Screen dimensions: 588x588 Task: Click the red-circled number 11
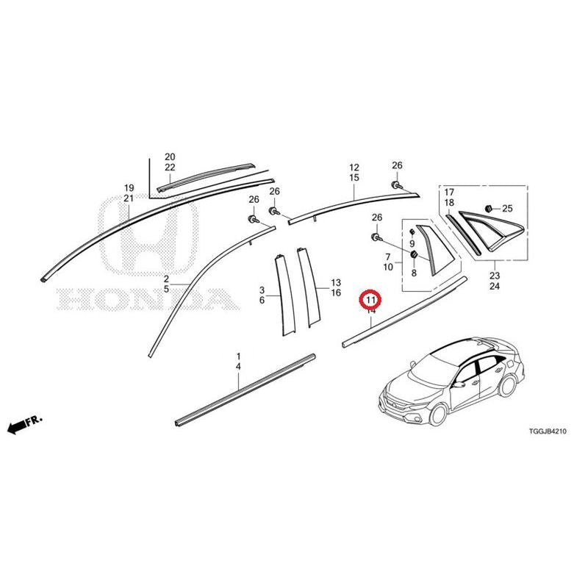[x=370, y=300]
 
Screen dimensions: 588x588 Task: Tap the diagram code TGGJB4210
[x=548, y=431]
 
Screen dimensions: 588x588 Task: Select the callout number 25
[x=507, y=209]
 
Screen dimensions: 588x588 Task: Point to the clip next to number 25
[x=489, y=208]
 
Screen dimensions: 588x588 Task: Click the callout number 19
[x=129, y=188]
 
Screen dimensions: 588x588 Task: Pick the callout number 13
[x=336, y=282]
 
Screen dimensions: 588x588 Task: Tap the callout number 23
[x=495, y=276]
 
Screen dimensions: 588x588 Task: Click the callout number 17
[x=449, y=193]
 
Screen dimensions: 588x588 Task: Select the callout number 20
[x=170, y=157]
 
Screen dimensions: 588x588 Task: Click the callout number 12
[x=354, y=168]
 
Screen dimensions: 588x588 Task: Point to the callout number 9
[x=412, y=244]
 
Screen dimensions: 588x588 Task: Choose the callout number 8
[x=414, y=273]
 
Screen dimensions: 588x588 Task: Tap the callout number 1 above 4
[x=238, y=356]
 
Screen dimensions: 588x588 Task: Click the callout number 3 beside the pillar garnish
[x=262, y=290]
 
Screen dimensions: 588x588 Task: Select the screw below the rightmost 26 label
[x=396, y=185]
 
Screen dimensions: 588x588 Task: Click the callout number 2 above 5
[x=166, y=279]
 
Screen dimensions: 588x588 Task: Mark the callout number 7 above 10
[x=388, y=257]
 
